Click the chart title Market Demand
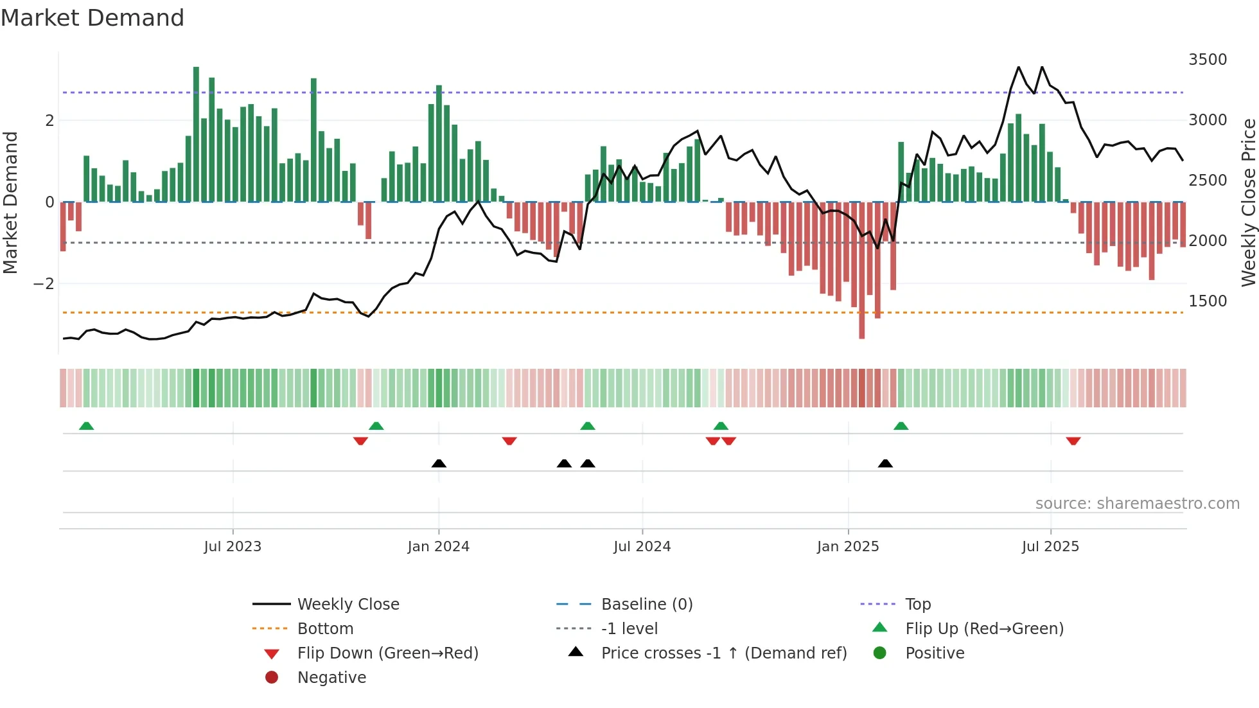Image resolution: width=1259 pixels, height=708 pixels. [x=92, y=18]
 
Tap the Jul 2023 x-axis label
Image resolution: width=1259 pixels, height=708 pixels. [x=233, y=547]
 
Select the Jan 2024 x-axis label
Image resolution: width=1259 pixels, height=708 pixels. [x=438, y=547]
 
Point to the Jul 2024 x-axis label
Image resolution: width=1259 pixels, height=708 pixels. [x=642, y=547]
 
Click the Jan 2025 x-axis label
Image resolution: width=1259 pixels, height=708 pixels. [x=848, y=547]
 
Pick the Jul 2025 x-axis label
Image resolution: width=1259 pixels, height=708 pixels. [x=1050, y=547]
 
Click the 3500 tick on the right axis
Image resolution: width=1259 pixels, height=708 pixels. [x=1208, y=60]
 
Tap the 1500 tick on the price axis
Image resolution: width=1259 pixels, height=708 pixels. [x=1208, y=301]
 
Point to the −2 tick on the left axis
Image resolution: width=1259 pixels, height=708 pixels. [x=44, y=284]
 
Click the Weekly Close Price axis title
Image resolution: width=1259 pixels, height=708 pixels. [x=1248, y=202]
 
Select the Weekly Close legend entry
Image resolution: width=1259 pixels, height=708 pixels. [x=348, y=605]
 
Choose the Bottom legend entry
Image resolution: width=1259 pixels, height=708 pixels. [x=325, y=629]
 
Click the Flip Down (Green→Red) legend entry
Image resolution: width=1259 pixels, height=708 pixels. [x=387, y=653]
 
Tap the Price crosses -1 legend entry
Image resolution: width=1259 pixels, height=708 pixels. [x=723, y=653]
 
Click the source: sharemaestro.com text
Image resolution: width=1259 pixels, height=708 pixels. [x=1137, y=504]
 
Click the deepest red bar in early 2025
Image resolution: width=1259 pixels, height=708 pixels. [x=862, y=270]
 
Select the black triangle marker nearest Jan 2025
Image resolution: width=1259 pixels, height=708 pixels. [x=885, y=463]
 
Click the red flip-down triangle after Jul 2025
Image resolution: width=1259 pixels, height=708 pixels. [x=1073, y=441]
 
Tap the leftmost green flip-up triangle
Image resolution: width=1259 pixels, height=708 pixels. [x=86, y=426]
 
